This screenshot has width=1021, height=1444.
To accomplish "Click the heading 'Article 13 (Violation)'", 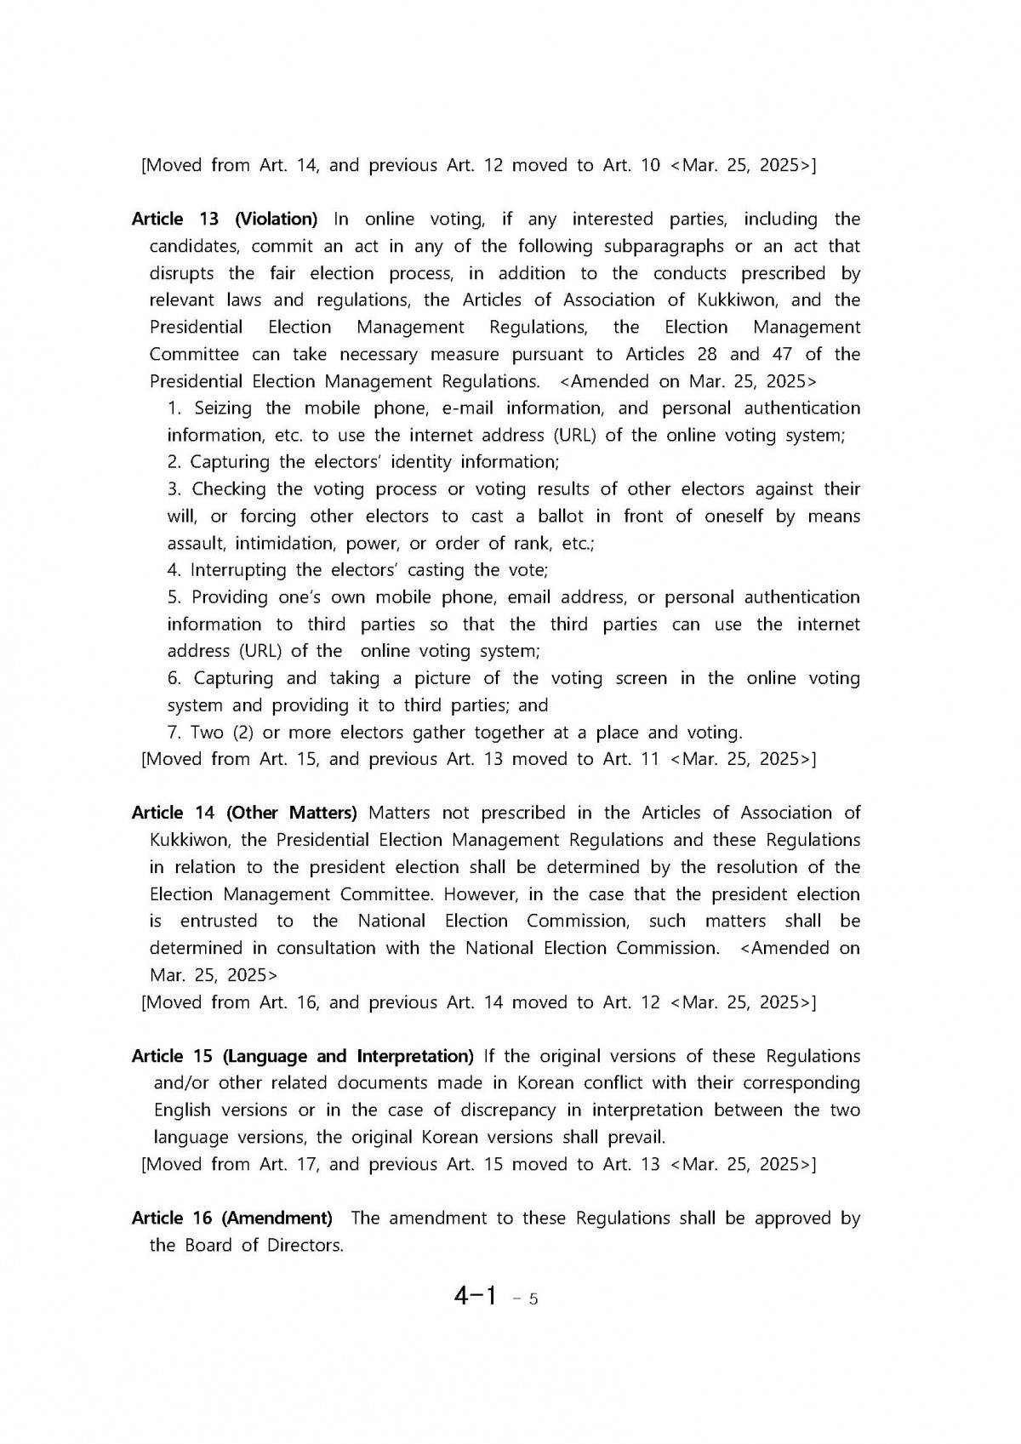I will pyautogui.click(x=225, y=220).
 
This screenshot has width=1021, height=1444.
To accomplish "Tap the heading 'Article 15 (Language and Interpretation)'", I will pyautogui.click(x=303, y=1057).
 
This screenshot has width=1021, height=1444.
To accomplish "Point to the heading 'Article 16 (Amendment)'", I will pyautogui.click(x=232, y=1219).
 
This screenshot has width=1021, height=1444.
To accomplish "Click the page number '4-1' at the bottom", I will pyautogui.click(x=475, y=1296).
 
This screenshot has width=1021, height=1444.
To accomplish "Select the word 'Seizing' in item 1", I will pyautogui.click(x=223, y=408).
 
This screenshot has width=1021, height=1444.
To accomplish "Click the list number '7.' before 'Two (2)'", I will pyautogui.click(x=174, y=733).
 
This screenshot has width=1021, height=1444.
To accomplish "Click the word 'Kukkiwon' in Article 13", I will pyautogui.click(x=735, y=300).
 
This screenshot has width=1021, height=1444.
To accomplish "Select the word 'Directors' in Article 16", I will pyautogui.click(x=305, y=1246).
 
